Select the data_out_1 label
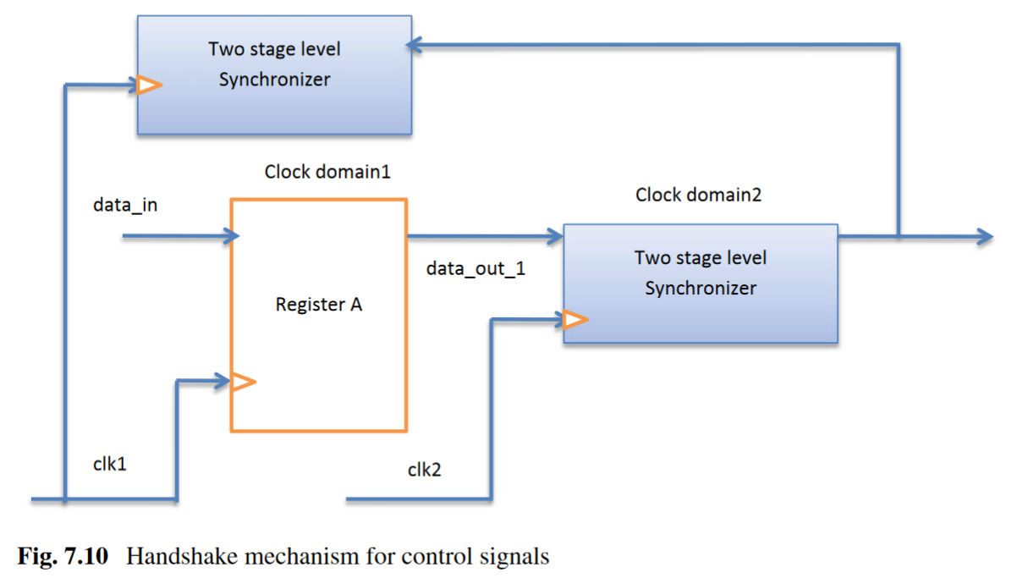475,268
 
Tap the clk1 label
110,464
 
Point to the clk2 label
424,470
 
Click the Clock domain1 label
327,172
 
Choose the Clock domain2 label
698,195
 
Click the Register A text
319,305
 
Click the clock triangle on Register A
243,383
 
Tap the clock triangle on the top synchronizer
149,85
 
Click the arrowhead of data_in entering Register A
231,237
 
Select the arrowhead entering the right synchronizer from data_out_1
555,235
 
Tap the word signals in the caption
517,557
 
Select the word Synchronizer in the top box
274,80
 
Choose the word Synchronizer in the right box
701,288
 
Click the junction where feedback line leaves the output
898,236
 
